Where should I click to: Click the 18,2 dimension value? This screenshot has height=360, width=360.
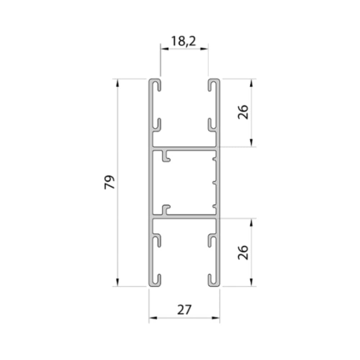coord(184,41)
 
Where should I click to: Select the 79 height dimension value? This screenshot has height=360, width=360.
coord(109,182)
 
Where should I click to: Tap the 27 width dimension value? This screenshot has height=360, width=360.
coord(184,310)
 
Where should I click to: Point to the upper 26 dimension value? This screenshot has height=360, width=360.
coord(243,112)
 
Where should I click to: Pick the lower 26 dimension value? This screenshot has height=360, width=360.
coord(243,253)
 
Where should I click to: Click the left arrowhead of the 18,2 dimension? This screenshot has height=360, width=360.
coord(165,49)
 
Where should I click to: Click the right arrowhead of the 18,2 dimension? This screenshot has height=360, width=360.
coord(204,49)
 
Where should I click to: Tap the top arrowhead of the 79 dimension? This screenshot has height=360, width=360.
coord(118,83)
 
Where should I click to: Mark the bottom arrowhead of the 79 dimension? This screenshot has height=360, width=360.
coord(118,282)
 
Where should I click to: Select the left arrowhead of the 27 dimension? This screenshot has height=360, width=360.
coord(153,318)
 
